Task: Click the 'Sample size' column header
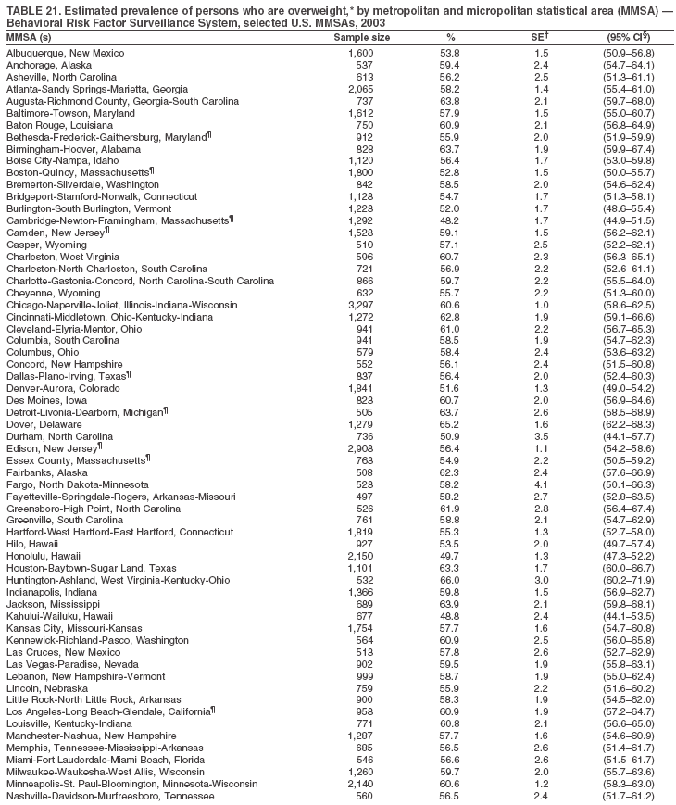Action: (361, 37)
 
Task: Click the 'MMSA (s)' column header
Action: (29, 37)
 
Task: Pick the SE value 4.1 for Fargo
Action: (542, 483)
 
